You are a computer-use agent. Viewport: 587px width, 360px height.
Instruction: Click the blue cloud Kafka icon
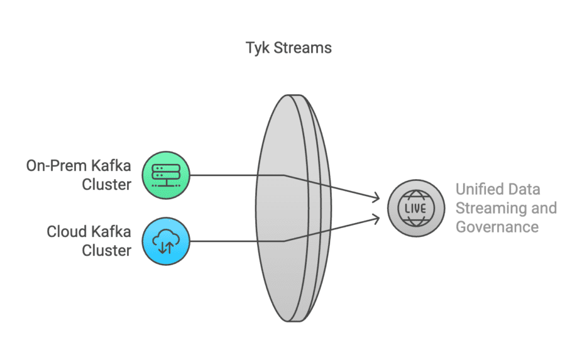pyautogui.click(x=166, y=241)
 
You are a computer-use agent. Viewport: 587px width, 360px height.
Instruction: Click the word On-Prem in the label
pyautogui.click(x=54, y=166)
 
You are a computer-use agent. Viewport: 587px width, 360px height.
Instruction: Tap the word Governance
pyautogui.click(x=497, y=226)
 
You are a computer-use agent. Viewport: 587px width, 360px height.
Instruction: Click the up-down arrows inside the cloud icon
pyautogui.click(x=166, y=246)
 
